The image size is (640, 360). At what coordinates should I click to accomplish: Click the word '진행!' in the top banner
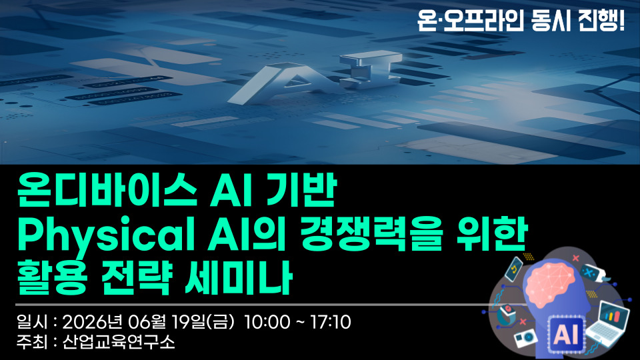601,20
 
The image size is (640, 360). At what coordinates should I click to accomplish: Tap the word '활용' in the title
51,277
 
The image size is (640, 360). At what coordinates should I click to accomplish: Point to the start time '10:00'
267,322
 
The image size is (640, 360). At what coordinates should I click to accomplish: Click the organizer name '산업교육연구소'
119,341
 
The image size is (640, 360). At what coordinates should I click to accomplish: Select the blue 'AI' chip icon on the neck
566,334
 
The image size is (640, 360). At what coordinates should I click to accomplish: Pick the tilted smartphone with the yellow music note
514,269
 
